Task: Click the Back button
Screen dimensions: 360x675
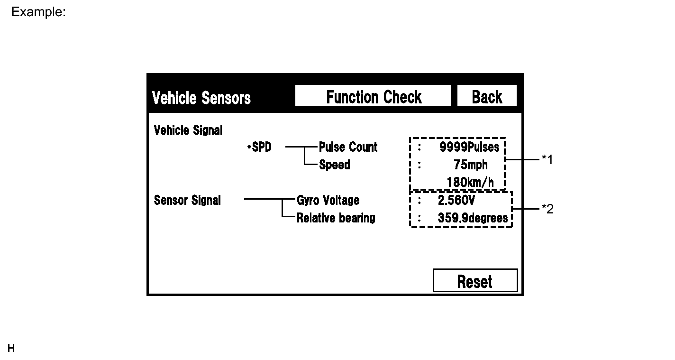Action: tap(487, 97)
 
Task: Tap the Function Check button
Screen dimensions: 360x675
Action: tap(373, 97)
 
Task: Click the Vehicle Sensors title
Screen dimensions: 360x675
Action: tap(201, 98)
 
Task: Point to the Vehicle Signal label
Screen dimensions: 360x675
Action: tap(188, 130)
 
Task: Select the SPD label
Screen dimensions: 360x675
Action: tap(260, 147)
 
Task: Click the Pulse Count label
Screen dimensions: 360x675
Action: tap(348, 147)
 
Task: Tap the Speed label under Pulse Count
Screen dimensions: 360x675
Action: tap(335, 165)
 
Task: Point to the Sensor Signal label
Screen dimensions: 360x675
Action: tap(187, 200)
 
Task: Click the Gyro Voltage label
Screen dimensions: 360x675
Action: tap(328, 200)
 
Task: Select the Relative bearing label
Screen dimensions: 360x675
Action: tap(336, 218)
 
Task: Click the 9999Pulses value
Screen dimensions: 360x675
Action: tap(469, 147)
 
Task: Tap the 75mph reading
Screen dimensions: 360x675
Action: tap(470, 165)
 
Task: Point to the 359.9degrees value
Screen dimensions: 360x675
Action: tap(473, 218)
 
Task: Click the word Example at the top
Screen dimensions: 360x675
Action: tap(38, 12)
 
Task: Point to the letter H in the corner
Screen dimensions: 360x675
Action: tap(11, 349)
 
